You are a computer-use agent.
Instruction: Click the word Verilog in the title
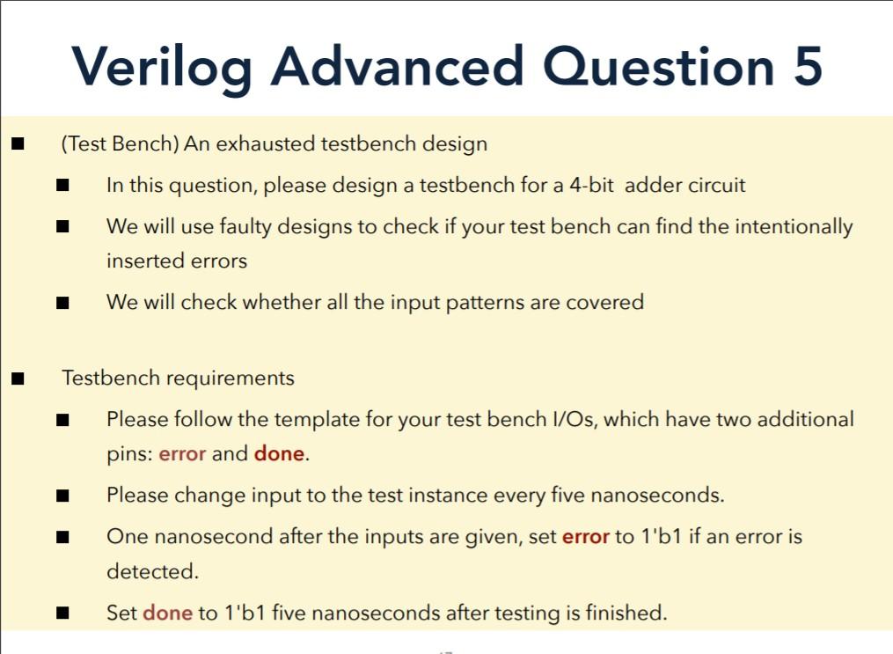click(162, 67)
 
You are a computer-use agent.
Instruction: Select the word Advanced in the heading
click(397, 67)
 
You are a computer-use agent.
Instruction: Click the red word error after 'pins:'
click(182, 454)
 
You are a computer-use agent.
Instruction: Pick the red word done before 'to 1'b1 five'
click(167, 612)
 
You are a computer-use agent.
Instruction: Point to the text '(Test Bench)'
click(120, 143)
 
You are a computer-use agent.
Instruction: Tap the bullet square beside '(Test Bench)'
click(18, 143)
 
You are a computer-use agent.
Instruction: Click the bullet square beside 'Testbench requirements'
click(18, 378)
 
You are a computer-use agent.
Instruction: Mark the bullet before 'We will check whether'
click(62, 303)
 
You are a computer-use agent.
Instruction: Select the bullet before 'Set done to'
click(62, 613)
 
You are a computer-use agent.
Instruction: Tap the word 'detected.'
click(152, 571)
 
